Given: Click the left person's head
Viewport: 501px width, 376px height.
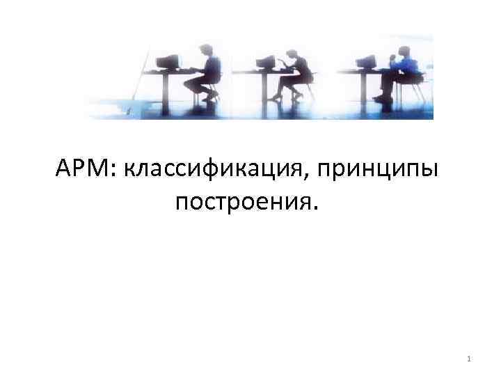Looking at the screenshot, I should click(x=207, y=49).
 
